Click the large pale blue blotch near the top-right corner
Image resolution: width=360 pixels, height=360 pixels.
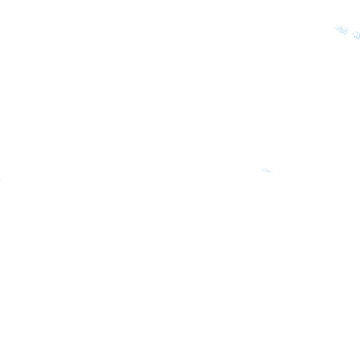coord(342,30)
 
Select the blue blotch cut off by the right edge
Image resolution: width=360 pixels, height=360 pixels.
coord(357,35)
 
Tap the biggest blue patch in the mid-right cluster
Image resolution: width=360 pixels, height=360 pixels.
coord(267,170)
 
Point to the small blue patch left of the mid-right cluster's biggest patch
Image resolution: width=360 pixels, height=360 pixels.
coord(263,170)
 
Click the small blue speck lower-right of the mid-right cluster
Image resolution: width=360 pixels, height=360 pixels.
coord(272,173)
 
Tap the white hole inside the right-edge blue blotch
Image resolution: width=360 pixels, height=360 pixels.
coord(357,35)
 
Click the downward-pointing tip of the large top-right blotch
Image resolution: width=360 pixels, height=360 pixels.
coord(345,34)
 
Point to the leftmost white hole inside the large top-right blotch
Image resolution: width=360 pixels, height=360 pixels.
coord(338,29)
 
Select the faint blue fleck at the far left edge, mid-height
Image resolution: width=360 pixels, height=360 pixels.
coord(0,180)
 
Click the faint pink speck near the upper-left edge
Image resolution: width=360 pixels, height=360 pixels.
coord(5,46)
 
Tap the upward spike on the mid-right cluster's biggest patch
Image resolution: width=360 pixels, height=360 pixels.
coord(268,168)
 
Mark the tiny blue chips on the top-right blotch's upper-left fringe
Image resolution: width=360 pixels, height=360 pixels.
coord(335,28)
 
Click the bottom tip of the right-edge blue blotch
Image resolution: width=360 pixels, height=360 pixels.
coord(358,39)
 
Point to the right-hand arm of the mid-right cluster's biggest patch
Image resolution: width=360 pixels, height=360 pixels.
coord(270,171)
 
